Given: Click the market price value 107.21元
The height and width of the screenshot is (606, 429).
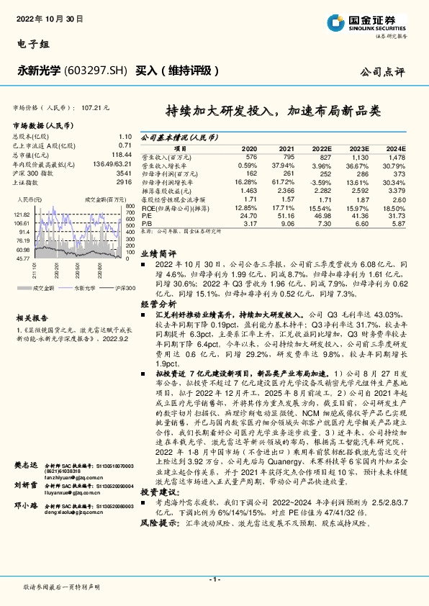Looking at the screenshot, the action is (x=95, y=107).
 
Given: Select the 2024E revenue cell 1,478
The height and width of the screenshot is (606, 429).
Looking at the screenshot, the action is (x=397, y=155).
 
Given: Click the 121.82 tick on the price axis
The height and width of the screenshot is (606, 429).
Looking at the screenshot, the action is (x=21, y=214).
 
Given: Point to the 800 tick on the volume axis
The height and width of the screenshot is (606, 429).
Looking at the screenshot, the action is (x=130, y=207).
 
